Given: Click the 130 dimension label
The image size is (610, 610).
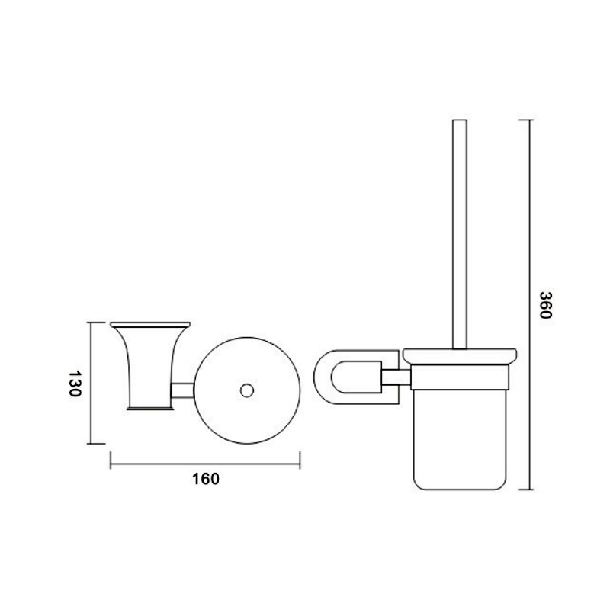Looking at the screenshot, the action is [74, 384].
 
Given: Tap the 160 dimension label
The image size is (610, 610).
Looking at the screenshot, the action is [206, 479].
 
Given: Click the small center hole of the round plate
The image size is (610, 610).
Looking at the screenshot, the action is [247, 390].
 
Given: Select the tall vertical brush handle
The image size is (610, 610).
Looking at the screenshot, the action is [460, 234].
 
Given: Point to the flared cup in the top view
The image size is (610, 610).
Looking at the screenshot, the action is [150, 366].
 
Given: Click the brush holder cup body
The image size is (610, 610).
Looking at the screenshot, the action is [460, 439].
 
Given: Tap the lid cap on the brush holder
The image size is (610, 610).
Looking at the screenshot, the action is [460, 356].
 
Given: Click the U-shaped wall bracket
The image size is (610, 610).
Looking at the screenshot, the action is [355, 377].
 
